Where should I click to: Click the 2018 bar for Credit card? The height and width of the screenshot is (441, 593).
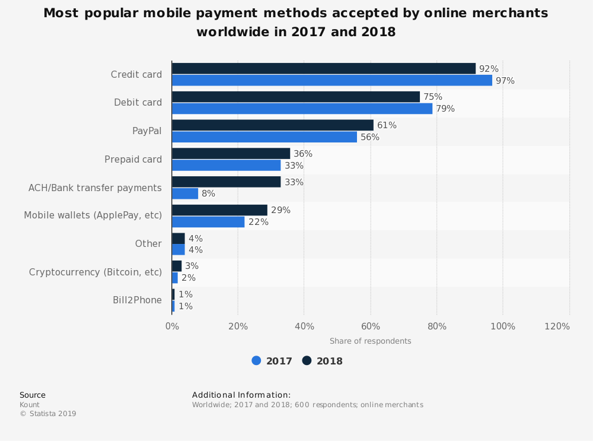324,69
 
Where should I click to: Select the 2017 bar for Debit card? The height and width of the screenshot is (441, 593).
302,109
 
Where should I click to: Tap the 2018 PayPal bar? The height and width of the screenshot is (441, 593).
273,125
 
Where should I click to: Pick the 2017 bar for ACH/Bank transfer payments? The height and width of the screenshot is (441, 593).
185,193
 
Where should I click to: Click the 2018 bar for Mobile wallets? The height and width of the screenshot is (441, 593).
219,210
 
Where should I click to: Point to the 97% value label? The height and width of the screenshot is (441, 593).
505,81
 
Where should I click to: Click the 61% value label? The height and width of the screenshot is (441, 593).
387,125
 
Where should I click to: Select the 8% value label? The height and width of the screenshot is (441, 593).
208,193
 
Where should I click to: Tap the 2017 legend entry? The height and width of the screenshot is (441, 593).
272,361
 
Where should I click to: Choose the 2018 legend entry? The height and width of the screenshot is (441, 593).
323,361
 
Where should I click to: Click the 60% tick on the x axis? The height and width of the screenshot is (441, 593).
371,326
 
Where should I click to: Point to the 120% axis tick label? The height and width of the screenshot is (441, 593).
557,326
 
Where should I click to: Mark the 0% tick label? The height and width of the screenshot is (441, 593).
172,326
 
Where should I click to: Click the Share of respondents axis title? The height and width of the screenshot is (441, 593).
370,341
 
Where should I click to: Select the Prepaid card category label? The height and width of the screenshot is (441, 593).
133,159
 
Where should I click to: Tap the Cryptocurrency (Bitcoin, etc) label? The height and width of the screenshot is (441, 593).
95,272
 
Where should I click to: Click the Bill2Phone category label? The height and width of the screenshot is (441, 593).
137,300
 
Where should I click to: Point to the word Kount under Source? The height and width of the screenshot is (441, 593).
30,405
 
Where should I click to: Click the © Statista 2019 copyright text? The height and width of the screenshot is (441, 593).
48,414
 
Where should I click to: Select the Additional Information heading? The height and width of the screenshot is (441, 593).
241,395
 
